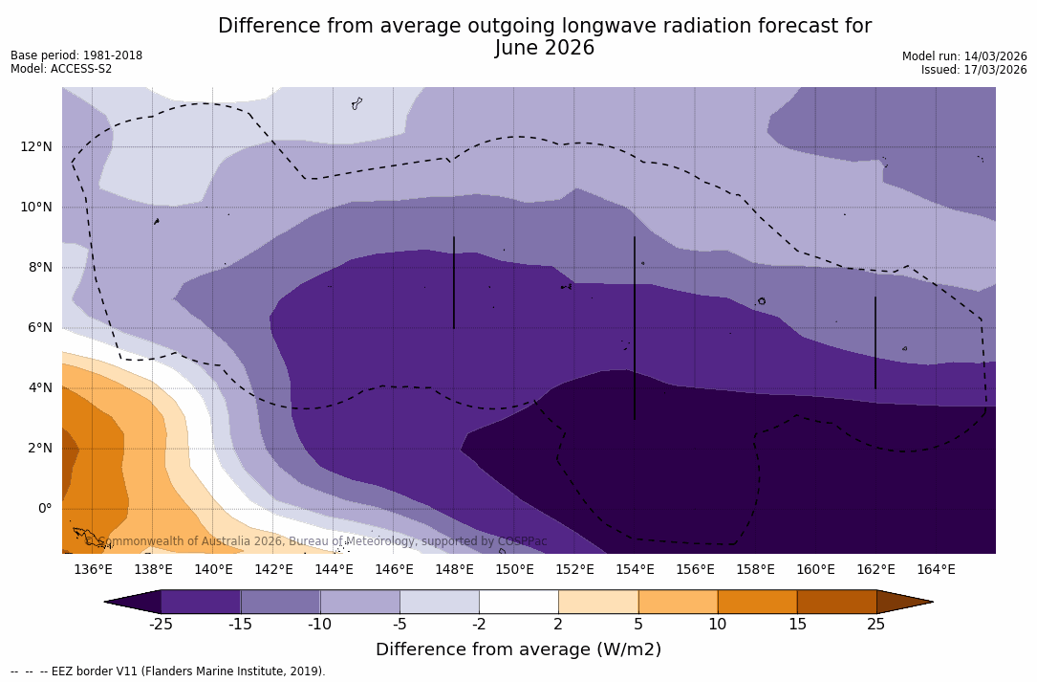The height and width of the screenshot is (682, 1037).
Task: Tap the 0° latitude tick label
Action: (x=44, y=508)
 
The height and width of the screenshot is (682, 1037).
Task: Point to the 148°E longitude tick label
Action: (x=454, y=570)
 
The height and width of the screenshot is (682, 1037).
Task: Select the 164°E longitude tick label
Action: (x=936, y=570)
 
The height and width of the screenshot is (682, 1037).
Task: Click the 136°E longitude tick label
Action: (x=93, y=570)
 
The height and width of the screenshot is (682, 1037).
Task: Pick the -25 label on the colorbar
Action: (x=161, y=625)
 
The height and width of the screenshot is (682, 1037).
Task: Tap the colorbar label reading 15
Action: (x=796, y=625)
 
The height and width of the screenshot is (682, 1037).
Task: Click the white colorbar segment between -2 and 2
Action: (x=518, y=602)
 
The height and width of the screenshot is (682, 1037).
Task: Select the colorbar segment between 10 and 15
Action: (x=756, y=602)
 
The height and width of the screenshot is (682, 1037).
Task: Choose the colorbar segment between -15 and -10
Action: (x=280, y=602)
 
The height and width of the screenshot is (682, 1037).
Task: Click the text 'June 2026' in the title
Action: (x=545, y=48)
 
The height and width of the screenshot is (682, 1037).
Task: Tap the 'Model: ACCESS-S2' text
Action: (x=61, y=69)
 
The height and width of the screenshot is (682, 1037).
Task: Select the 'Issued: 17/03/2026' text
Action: (x=974, y=70)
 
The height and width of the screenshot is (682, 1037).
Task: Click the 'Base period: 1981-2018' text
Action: (x=76, y=55)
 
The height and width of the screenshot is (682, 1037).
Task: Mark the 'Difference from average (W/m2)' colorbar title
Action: (x=518, y=649)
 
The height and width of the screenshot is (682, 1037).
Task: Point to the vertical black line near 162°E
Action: (x=875, y=342)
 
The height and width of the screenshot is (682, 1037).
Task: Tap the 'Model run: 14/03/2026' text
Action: (x=964, y=56)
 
